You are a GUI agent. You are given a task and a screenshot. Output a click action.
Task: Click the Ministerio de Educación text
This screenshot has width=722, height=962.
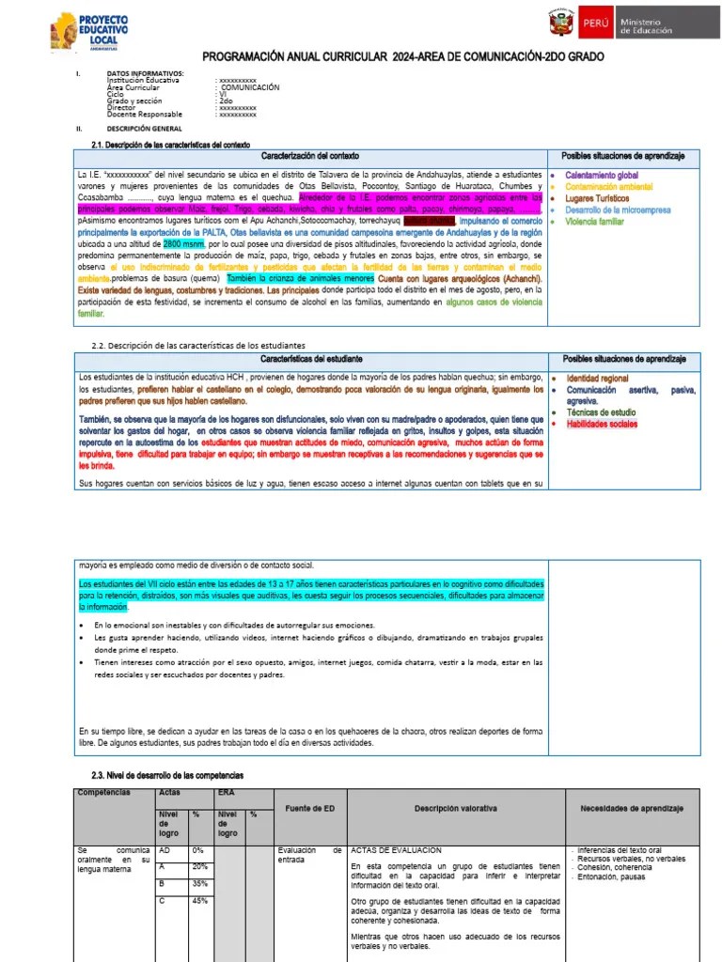646,25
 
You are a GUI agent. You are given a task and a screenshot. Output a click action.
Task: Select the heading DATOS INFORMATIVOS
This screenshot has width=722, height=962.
145,72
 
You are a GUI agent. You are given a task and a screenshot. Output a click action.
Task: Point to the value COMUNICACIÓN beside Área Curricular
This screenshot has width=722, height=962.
250,87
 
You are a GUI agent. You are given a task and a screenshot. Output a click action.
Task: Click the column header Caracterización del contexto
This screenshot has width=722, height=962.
309,155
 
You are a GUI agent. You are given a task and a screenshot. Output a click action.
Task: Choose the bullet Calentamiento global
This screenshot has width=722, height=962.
602,176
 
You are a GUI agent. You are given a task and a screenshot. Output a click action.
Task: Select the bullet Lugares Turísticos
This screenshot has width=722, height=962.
597,199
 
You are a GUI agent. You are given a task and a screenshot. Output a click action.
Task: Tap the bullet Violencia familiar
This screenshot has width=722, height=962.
595,223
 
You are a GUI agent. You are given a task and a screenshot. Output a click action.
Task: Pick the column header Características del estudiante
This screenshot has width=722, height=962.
309,360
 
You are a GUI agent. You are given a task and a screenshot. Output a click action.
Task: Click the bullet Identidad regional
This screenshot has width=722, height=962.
597,378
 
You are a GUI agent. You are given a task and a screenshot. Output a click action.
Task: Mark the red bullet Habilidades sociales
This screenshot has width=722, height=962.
602,424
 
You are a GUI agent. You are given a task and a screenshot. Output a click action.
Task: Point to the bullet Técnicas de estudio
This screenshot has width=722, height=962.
601,412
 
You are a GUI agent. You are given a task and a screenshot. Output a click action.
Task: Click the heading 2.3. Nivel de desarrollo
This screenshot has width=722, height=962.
167,775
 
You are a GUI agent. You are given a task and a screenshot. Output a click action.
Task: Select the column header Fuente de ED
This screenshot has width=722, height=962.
309,809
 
